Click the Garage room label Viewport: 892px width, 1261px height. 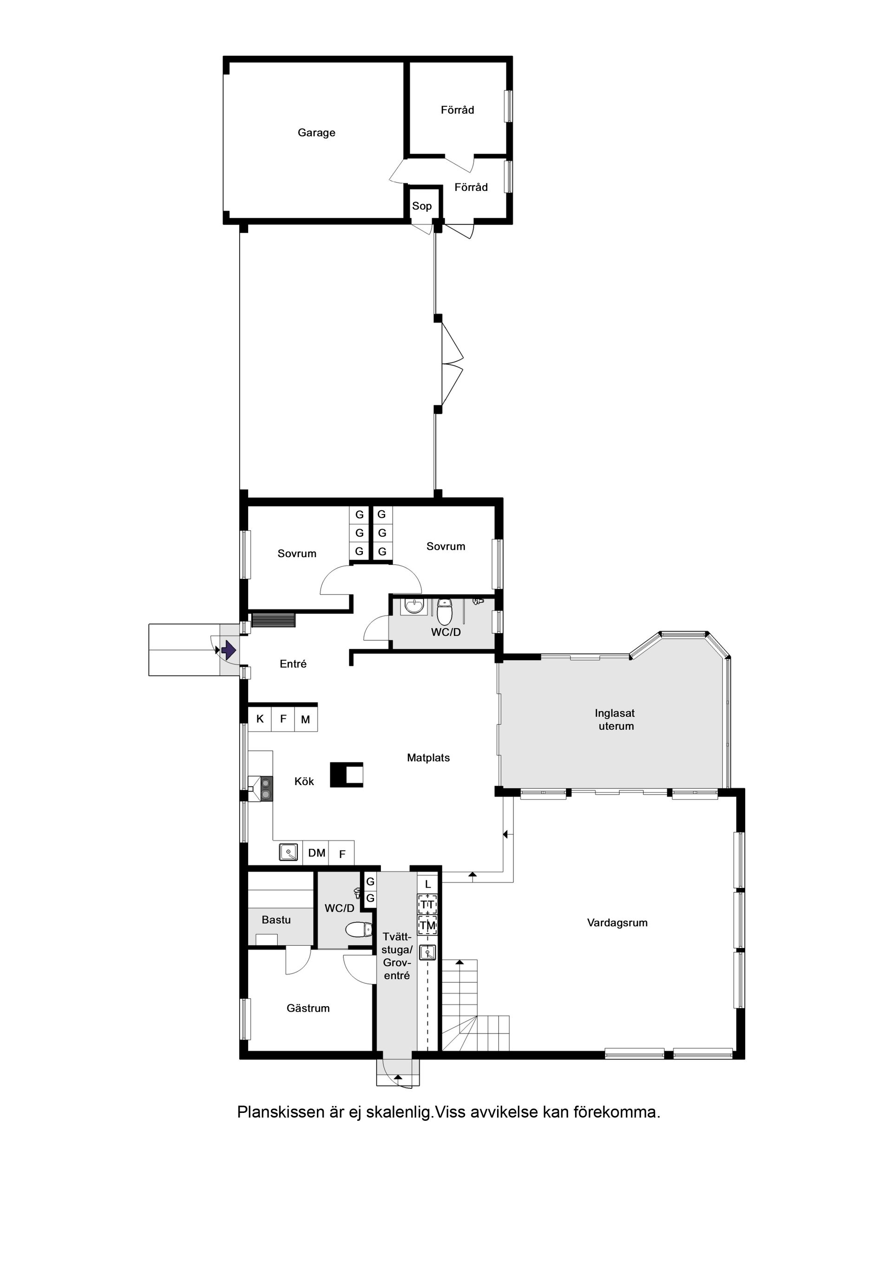[316, 132]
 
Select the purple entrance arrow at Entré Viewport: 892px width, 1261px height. [229, 651]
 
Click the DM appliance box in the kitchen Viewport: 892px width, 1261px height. [316, 853]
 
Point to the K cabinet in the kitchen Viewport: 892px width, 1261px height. [260, 719]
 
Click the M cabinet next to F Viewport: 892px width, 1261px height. [306, 720]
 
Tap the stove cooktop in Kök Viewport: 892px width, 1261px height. [267, 789]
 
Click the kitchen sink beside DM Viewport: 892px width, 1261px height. [289, 852]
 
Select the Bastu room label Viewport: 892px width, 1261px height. [276, 920]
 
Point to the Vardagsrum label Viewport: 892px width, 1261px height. [617, 923]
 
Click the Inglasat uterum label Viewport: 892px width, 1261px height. [616, 720]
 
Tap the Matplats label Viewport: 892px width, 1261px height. [428, 758]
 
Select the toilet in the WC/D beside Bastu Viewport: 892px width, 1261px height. [358, 930]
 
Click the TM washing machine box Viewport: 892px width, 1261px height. [427, 925]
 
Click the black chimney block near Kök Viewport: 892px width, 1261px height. [346, 775]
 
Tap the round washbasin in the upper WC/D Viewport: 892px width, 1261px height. [412, 606]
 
